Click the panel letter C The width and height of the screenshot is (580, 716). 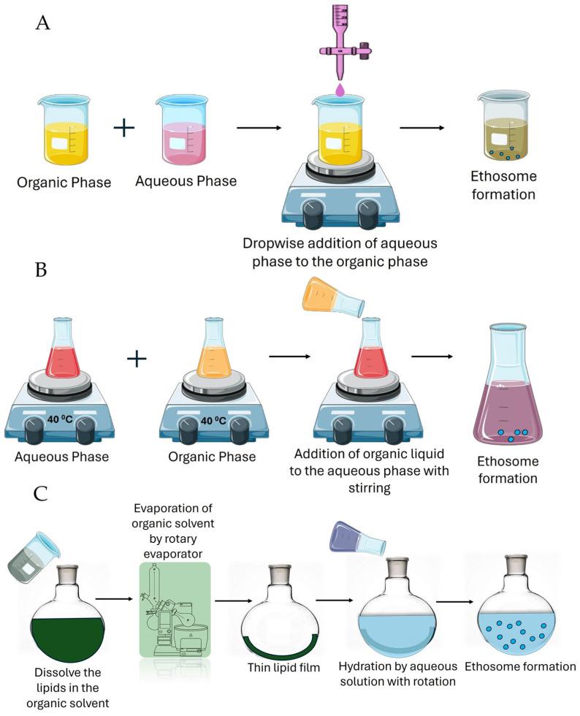[43, 495]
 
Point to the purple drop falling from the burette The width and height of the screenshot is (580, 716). [340, 88]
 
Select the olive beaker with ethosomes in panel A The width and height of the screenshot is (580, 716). [502, 127]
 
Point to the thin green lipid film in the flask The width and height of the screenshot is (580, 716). [276, 644]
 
